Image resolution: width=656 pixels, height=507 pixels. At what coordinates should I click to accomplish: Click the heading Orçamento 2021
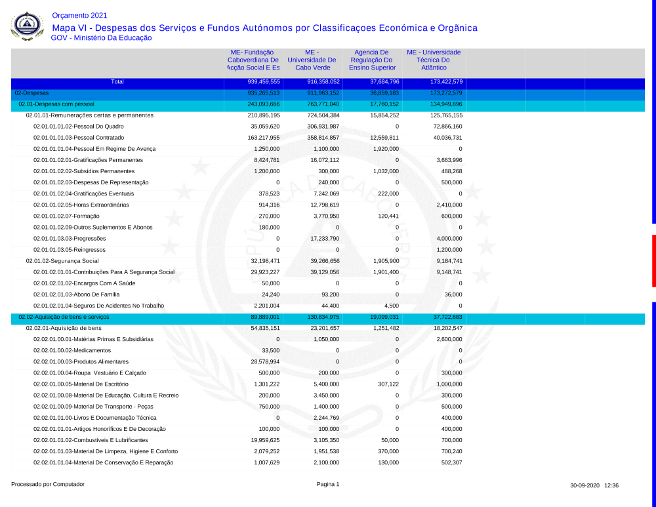(79, 15)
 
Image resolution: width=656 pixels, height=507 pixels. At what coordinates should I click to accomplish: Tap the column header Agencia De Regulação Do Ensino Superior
(372, 60)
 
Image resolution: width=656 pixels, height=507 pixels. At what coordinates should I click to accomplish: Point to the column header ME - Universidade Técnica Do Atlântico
(434, 60)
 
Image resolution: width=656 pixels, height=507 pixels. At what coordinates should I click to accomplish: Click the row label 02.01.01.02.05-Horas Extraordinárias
(81, 205)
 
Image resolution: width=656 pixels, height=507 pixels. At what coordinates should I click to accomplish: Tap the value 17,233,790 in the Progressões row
(324, 239)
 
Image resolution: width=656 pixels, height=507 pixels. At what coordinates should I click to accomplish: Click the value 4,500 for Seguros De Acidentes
(390, 306)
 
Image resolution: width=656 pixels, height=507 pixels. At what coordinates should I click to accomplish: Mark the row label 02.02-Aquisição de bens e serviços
(64, 317)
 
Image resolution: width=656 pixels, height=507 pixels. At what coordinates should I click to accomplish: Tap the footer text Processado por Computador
(48, 485)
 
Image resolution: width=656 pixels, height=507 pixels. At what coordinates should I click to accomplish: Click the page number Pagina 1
(328, 485)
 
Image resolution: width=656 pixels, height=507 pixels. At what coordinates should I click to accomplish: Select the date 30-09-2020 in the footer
(584, 486)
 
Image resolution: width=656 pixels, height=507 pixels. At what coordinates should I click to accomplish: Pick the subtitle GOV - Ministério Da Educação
(101, 38)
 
